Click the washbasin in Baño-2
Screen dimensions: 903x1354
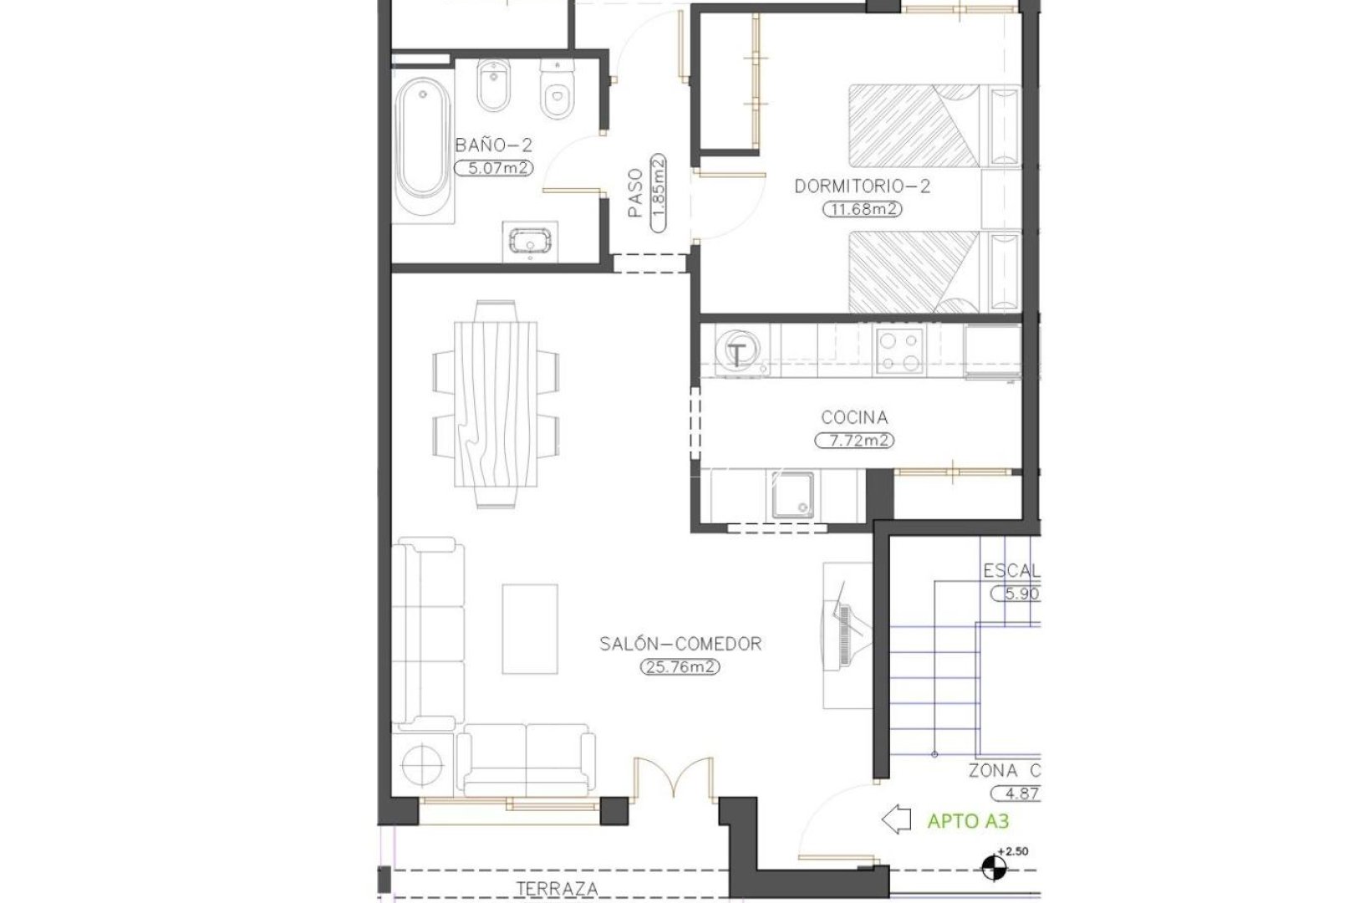529,242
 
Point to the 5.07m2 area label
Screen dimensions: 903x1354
493,167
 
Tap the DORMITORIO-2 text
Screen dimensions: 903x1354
862,186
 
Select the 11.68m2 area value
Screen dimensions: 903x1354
862,209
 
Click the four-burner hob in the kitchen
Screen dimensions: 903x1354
899,351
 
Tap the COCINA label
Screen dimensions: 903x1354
854,417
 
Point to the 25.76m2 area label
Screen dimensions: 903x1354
680,667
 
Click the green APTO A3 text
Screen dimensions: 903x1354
968,821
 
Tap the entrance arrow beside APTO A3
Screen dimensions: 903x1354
898,820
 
